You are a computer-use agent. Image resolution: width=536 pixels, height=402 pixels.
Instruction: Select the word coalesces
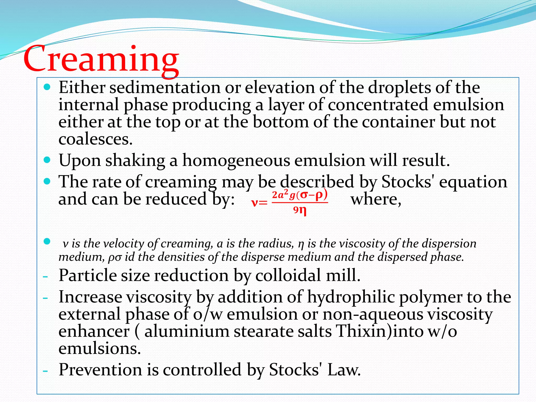point(96,139)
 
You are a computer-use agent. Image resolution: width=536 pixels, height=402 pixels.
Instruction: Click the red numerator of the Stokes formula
point(300,195)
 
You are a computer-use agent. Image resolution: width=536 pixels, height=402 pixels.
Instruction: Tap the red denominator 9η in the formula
point(300,210)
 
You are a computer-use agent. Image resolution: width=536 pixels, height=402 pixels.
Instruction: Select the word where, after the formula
point(376,199)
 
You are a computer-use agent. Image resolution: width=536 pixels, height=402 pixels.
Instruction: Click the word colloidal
point(288,276)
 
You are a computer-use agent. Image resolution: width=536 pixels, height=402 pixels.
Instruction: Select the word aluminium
point(187,331)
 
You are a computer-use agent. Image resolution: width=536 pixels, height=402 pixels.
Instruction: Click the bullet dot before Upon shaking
point(47,160)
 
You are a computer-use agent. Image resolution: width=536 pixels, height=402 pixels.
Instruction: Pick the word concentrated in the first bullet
point(378,105)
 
